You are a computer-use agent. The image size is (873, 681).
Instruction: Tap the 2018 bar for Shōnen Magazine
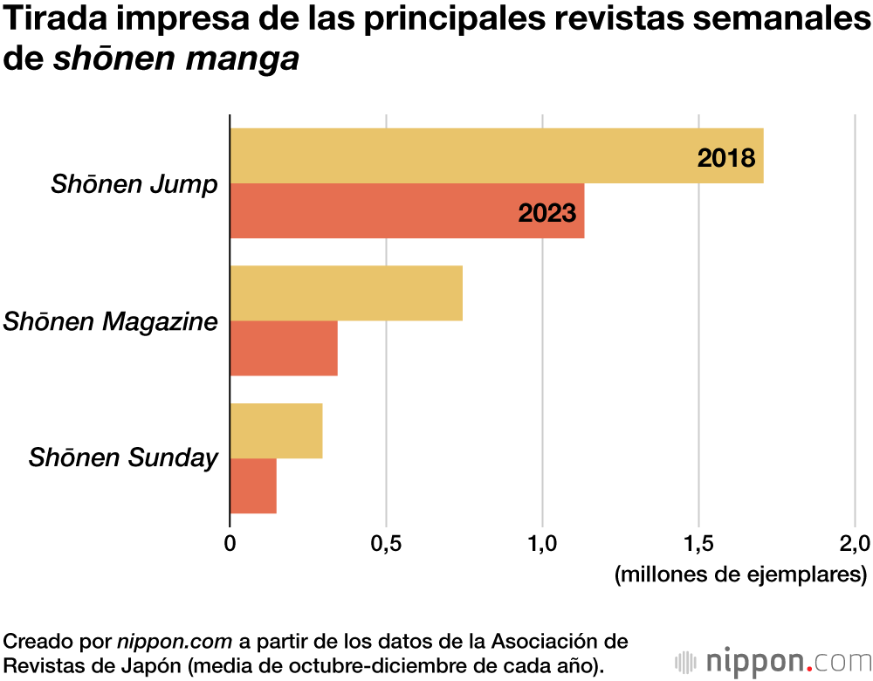[346, 293]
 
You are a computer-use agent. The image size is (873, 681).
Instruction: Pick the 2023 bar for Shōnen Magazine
[284, 348]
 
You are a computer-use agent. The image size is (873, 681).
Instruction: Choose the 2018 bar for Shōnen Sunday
[276, 430]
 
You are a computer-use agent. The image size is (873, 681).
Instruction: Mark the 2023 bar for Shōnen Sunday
[253, 485]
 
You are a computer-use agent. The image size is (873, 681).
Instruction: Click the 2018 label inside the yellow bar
[725, 158]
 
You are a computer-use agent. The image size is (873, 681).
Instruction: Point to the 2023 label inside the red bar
[546, 212]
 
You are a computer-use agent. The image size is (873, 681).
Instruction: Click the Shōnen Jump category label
[134, 184]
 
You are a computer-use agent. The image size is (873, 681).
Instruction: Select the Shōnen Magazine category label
[110, 321]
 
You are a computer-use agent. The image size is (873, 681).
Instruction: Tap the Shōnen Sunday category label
[122, 457]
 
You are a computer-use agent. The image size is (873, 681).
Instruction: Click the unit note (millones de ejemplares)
[740, 575]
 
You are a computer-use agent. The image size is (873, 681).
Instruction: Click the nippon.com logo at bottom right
[772, 659]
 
